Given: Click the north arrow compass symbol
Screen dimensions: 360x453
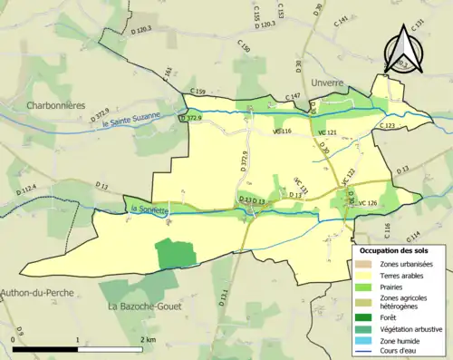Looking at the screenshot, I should click(404, 53).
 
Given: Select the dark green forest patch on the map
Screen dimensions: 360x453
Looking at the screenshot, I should click(176, 253).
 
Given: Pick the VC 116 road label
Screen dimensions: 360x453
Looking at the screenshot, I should click(282, 132).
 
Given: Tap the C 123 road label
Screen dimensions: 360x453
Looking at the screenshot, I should click(387, 125).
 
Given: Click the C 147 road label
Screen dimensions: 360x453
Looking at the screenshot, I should click(293, 96).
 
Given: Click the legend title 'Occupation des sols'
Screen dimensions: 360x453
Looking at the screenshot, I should click(395, 249).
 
